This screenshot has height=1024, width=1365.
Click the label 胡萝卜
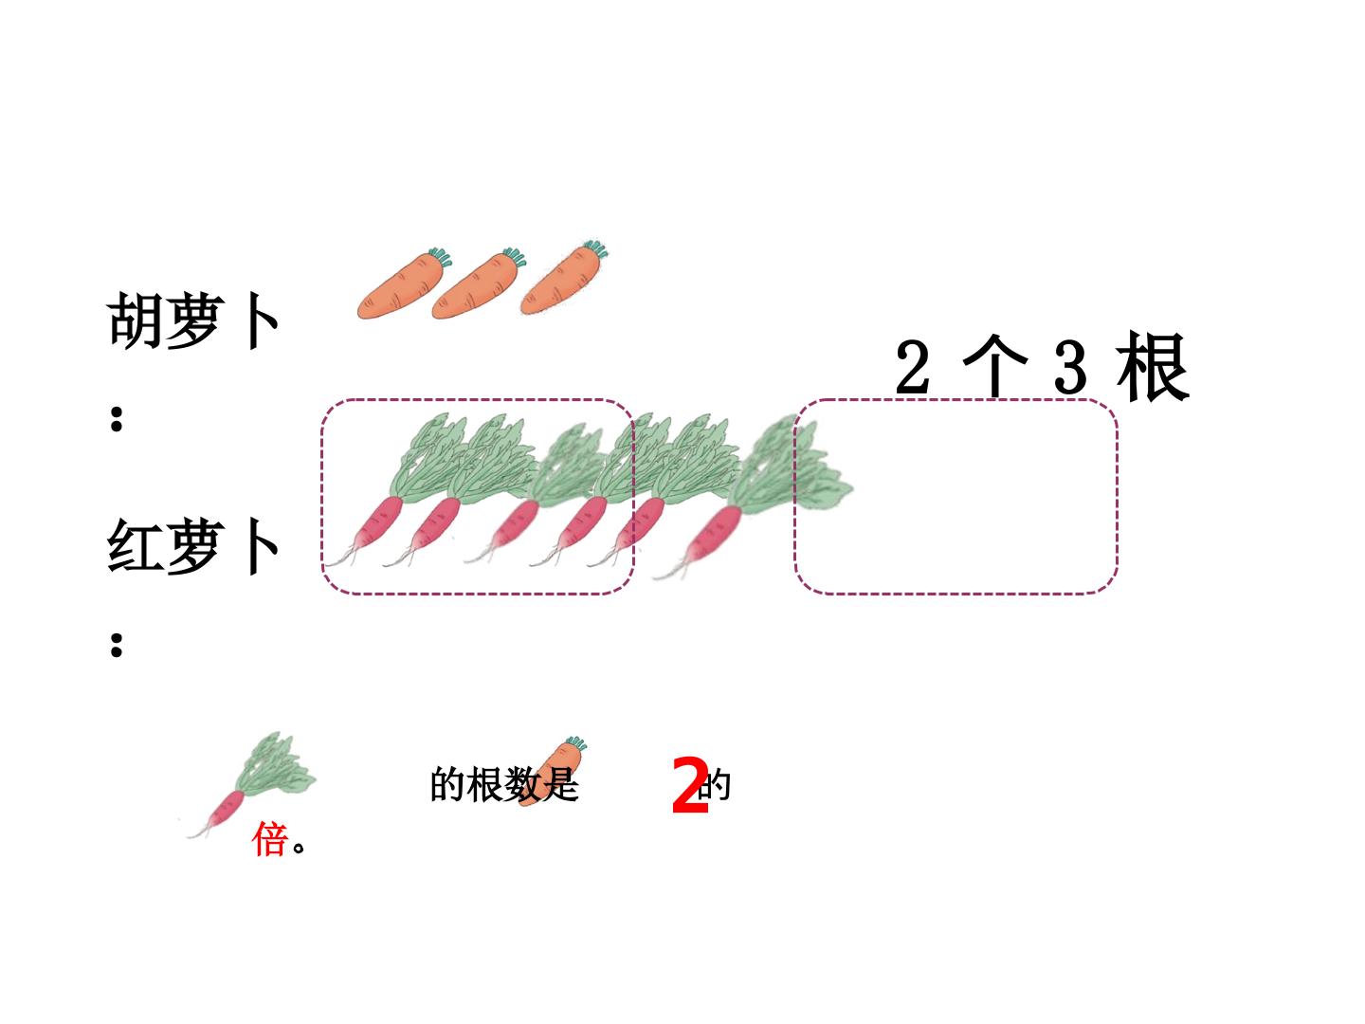coord(193,320)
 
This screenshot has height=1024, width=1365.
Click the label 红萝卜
coord(193,546)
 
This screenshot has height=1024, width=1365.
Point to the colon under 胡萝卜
coord(117,418)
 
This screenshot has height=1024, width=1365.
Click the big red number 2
coord(690,786)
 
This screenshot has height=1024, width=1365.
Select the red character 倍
coord(269,839)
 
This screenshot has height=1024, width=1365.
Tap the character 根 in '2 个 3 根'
coord(1153,366)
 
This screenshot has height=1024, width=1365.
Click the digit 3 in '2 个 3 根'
coord(1070,367)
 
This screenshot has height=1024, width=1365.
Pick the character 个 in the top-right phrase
coord(994,366)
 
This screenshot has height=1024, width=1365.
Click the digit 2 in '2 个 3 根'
coord(912,367)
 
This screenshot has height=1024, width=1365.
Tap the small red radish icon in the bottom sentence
coord(251,785)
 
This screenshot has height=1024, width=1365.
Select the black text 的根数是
coord(504,785)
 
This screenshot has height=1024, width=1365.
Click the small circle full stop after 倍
coord(299,848)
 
